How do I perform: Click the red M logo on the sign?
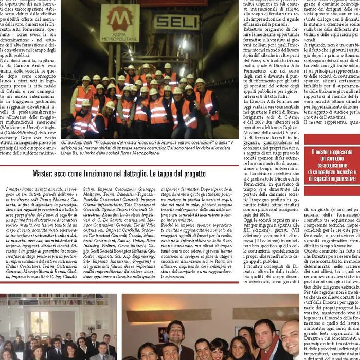(122, 19)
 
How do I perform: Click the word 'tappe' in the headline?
(158, 174)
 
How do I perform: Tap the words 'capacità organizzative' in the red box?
(332, 178)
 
